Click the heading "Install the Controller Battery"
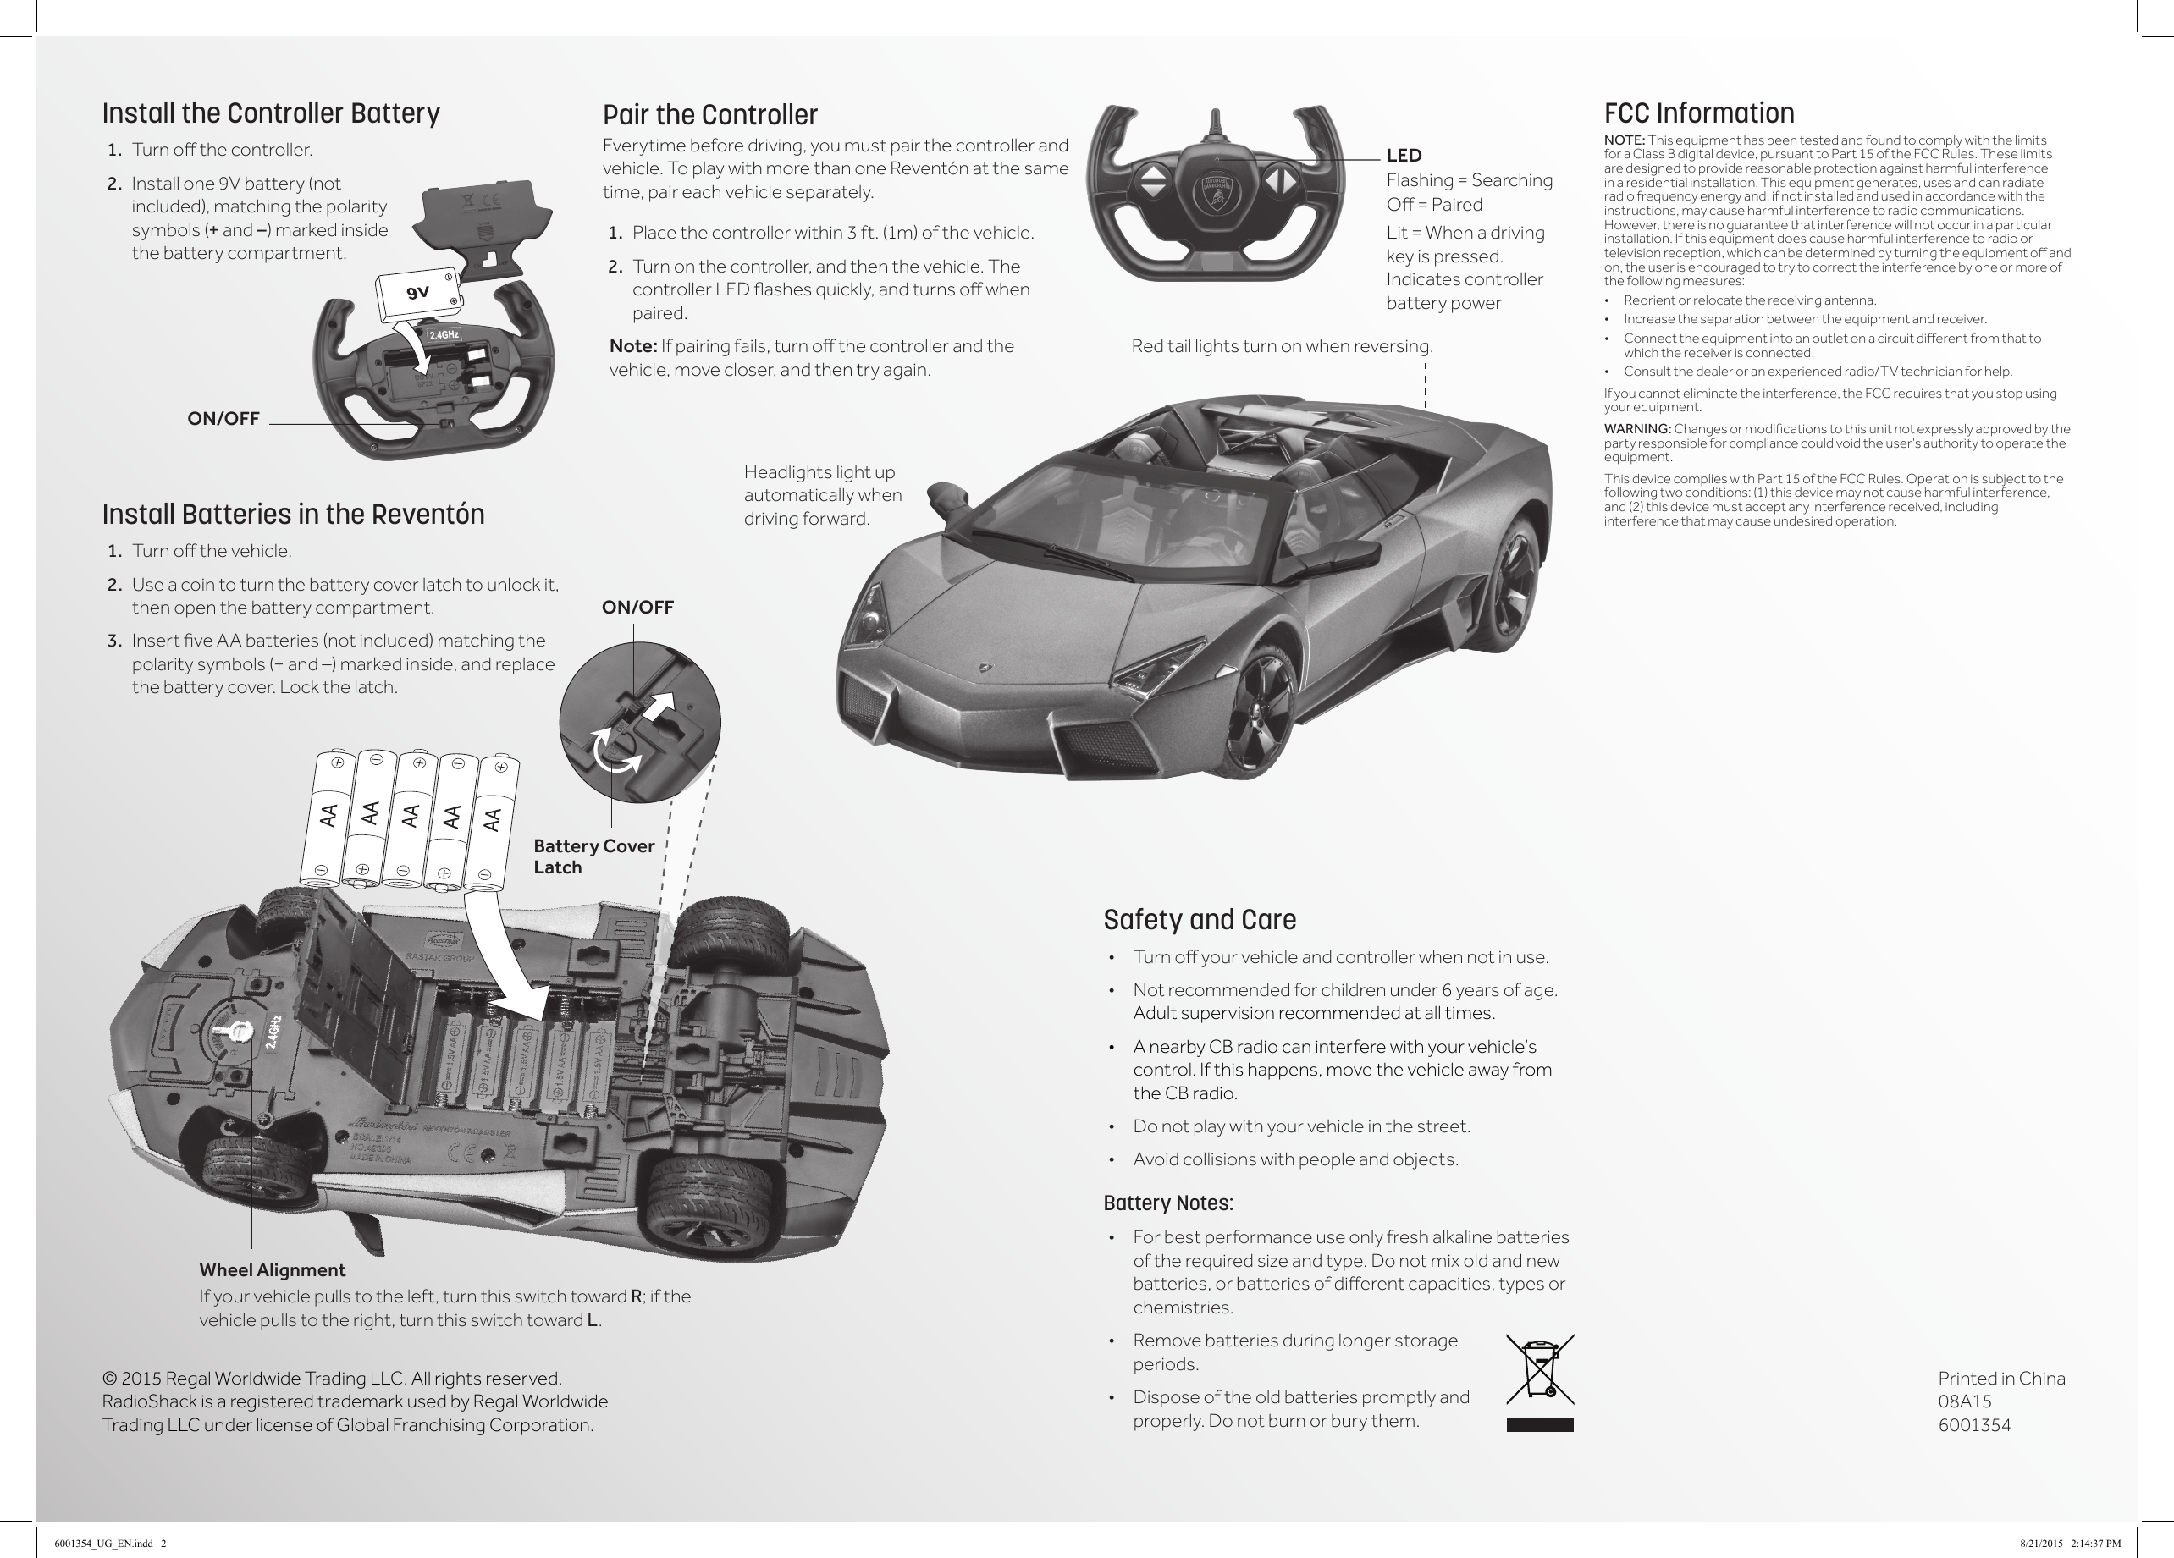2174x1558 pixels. (271, 113)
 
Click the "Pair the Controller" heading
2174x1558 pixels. (710, 115)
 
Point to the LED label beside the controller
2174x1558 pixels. (1404, 155)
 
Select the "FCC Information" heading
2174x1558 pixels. (1698, 113)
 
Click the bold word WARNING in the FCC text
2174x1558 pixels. (1637, 428)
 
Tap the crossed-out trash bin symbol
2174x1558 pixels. (1539, 1371)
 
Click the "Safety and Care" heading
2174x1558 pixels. (1199, 920)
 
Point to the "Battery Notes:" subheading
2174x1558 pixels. (1167, 1203)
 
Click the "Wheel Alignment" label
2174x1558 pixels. (273, 1270)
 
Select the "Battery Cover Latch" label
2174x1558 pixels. (593, 856)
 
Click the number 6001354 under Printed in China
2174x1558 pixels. (1973, 1425)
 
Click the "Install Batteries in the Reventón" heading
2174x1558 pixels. (293, 515)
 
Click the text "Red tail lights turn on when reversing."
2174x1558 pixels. (1282, 346)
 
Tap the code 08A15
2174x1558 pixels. (1964, 1401)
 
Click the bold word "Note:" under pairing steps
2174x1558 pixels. (632, 346)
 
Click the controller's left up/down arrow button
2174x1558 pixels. (1154, 180)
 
